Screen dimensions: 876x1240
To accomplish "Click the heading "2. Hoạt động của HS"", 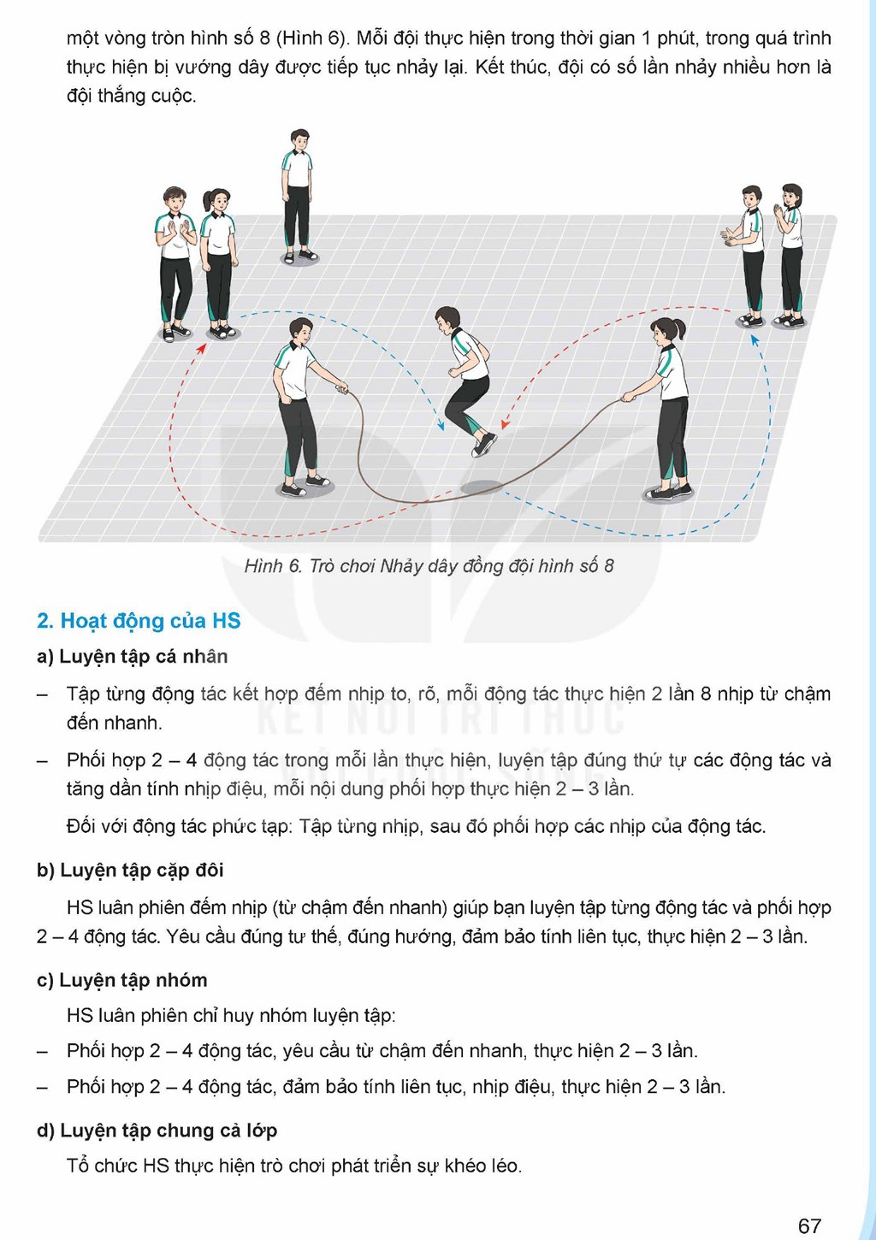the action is click(139, 621).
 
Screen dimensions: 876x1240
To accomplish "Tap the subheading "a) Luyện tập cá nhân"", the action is click(133, 657).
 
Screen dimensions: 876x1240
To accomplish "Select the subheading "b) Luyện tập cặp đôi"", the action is click(130, 871).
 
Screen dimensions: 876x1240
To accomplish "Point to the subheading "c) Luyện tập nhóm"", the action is click(121, 980).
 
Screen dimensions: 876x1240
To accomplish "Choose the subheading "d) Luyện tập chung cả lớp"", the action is click(157, 1131).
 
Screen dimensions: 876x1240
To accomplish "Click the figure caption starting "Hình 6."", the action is click(429, 566).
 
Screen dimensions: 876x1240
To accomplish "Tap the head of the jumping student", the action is click(447, 320).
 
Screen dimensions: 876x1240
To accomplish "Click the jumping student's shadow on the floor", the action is click(481, 487).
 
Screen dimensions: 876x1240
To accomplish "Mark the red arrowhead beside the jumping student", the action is click(504, 424).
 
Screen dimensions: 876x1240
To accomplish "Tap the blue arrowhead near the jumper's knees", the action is click(441, 426).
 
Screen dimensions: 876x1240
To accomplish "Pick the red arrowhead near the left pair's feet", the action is click(203, 348).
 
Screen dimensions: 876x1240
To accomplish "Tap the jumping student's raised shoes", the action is click(485, 445).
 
